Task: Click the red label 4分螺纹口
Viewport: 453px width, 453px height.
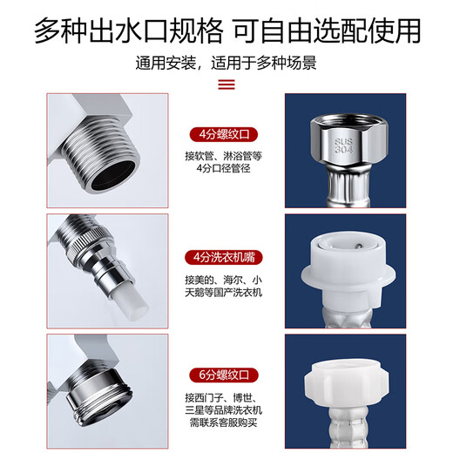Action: [226, 136]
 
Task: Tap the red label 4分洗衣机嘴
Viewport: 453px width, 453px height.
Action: [226, 258]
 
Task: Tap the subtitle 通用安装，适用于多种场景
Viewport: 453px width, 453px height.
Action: [226, 64]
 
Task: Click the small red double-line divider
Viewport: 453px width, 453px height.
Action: [226, 85]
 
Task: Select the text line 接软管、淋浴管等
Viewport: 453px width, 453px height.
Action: [226, 157]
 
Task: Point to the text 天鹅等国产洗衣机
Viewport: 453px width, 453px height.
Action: [226, 294]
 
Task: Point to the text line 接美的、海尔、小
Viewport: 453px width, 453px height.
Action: [226, 278]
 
